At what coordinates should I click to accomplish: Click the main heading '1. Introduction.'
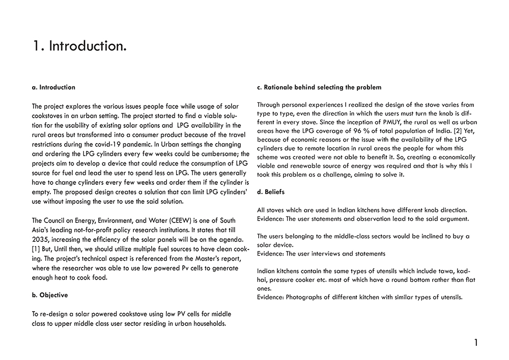click(x=79, y=46)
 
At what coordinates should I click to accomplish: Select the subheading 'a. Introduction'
click(x=53, y=87)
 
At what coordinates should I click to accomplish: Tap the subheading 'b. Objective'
click(x=49, y=295)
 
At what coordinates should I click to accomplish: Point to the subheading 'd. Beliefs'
click(x=271, y=191)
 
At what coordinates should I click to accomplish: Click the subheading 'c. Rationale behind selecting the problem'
click(x=319, y=87)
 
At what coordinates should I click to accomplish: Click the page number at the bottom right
click(x=476, y=343)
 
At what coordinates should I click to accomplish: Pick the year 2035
click(x=40, y=239)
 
